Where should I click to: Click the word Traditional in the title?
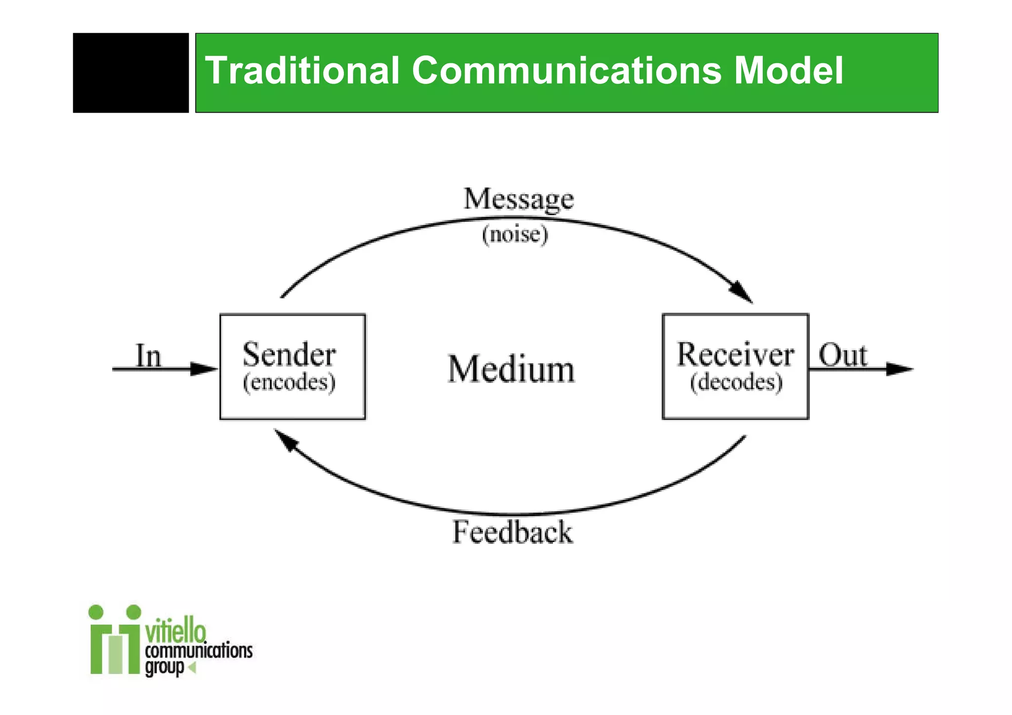[x=302, y=71]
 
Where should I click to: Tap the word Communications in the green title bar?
[x=566, y=71]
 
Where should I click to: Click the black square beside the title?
[x=131, y=73]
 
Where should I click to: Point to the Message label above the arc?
[x=518, y=200]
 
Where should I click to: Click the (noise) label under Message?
[x=515, y=234]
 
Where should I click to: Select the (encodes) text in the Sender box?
[x=289, y=382]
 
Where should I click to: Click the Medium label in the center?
[x=511, y=369]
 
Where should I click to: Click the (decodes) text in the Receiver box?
[x=736, y=382]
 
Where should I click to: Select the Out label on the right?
[x=843, y=355]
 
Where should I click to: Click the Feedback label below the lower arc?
[x=512, y=533]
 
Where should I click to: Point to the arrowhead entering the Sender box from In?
[x=204, y=369]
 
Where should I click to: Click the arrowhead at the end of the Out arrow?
[x=899, y=369]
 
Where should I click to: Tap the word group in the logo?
[x=165, y=668]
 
